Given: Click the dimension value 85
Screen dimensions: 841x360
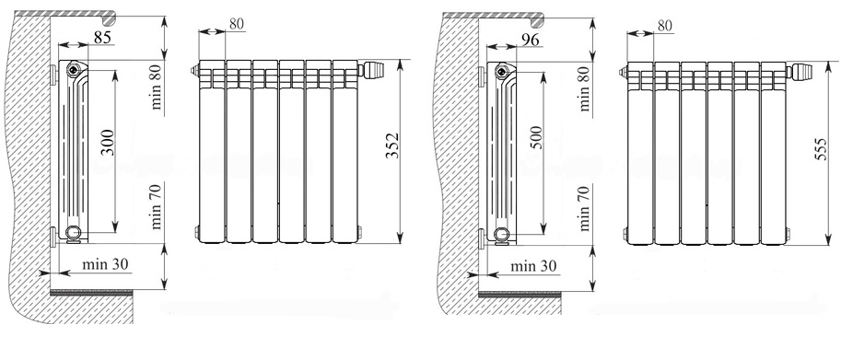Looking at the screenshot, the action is coord(103,38).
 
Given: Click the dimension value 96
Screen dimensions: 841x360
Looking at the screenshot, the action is coord(529,39).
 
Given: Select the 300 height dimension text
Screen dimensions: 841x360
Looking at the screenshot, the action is coord(108,142).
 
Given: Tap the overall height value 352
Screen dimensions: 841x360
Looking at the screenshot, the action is coord(393,145).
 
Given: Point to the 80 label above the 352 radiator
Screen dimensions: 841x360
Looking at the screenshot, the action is coord(236,24).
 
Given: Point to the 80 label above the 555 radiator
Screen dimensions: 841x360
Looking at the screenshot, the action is coord(664,25).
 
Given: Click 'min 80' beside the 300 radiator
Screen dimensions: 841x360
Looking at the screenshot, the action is coord(156,90).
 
